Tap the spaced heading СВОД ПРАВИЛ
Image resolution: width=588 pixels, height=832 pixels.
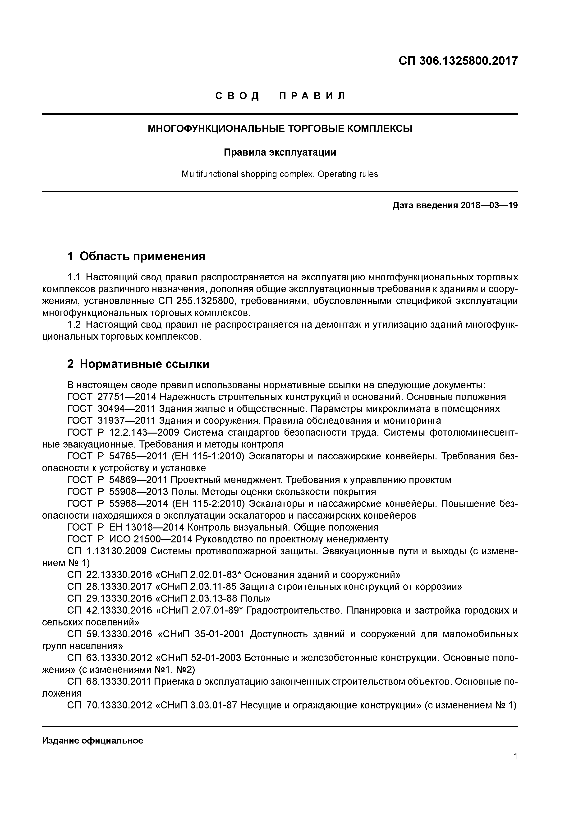[x=281, y=96]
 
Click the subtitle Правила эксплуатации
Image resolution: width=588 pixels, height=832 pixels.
[x=280, y=153]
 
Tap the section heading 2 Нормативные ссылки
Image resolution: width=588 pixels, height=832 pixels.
[x=138, y=364]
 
